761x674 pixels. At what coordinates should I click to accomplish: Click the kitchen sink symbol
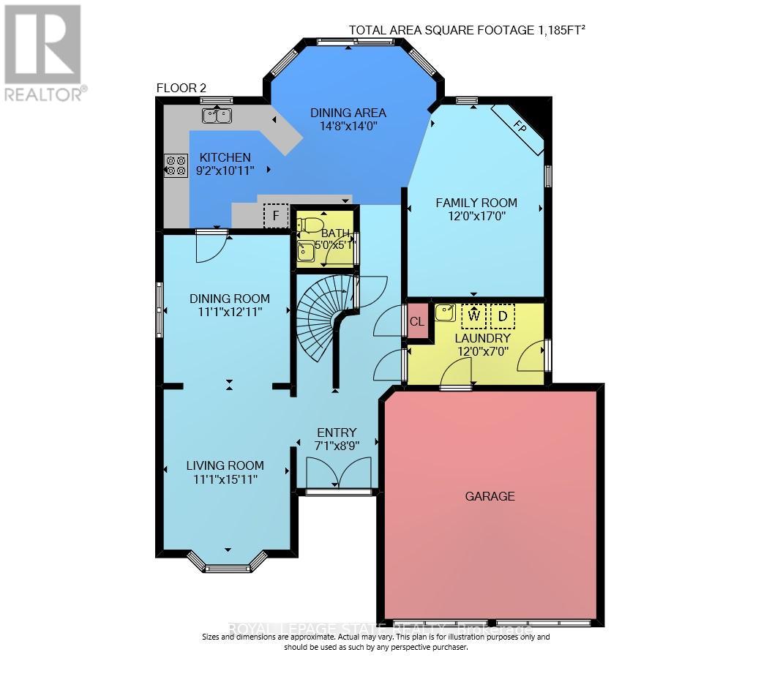[217, 116]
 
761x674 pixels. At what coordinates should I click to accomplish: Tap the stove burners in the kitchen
[176, 165]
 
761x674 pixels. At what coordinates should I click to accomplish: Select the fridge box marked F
[276, 216]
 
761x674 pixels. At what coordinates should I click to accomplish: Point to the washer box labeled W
[473, 316]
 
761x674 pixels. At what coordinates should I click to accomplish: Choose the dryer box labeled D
[503, 316]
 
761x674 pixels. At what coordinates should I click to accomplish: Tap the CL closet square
[417, 321]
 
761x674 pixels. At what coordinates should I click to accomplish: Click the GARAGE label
[490, 496]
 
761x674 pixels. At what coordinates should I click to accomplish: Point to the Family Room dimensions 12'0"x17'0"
[476, 217]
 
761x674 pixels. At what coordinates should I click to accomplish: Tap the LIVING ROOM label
[225, 465]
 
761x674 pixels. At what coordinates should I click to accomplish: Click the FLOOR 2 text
[181, 88]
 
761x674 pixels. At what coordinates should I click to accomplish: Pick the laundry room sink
[445, 312]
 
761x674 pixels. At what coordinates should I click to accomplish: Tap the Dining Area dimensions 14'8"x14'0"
[348, 126]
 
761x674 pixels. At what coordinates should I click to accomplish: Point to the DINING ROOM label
[229, 299]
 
